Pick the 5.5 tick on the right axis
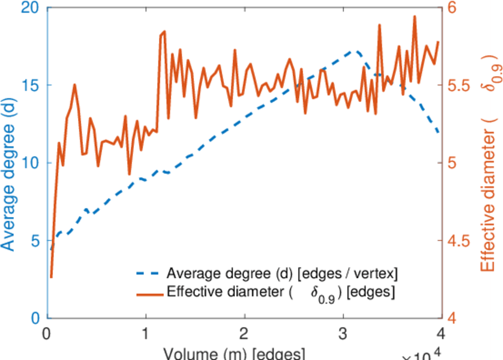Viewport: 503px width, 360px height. [459, 85]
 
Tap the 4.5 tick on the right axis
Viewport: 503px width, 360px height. [459, 241]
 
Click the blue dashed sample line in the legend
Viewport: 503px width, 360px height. [147, 274]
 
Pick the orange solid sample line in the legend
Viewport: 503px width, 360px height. [147, 293]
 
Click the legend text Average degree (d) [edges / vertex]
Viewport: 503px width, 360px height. [282, 274]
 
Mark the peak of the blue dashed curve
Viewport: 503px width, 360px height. [356, 52]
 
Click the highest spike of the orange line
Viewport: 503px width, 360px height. [415, 17]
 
